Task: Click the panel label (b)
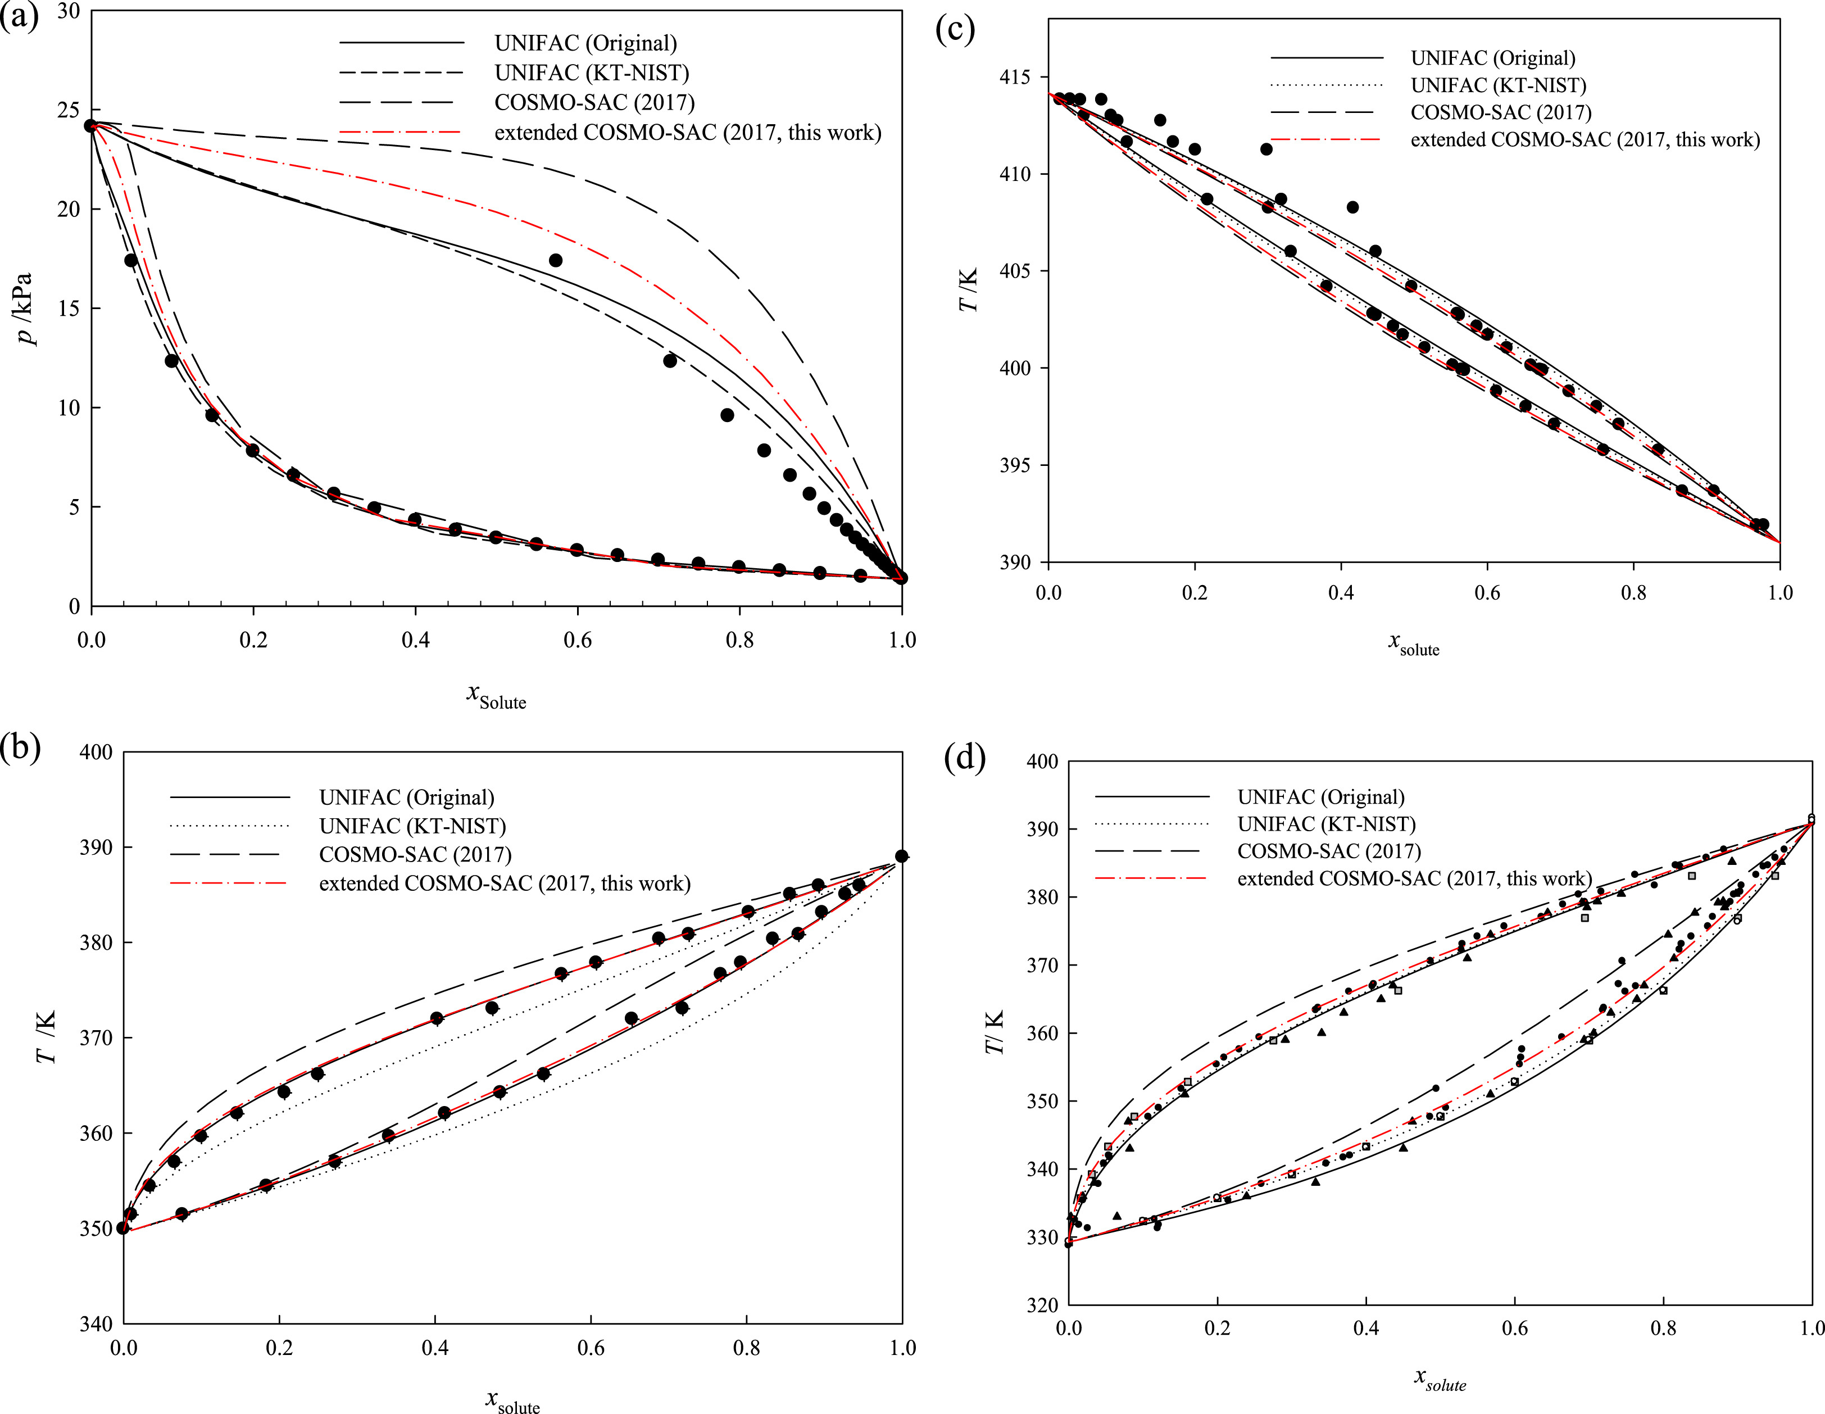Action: (20, 747)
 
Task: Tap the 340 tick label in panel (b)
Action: (96, 1324)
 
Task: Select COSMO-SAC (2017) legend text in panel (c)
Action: (1501, 112)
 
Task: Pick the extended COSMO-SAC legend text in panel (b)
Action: (505, 883)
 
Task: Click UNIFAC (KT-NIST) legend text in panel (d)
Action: (1326, 824)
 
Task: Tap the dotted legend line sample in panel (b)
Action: (230, 827)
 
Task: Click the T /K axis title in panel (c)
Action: (968, 291)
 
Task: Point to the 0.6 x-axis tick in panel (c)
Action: (1487, 592)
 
